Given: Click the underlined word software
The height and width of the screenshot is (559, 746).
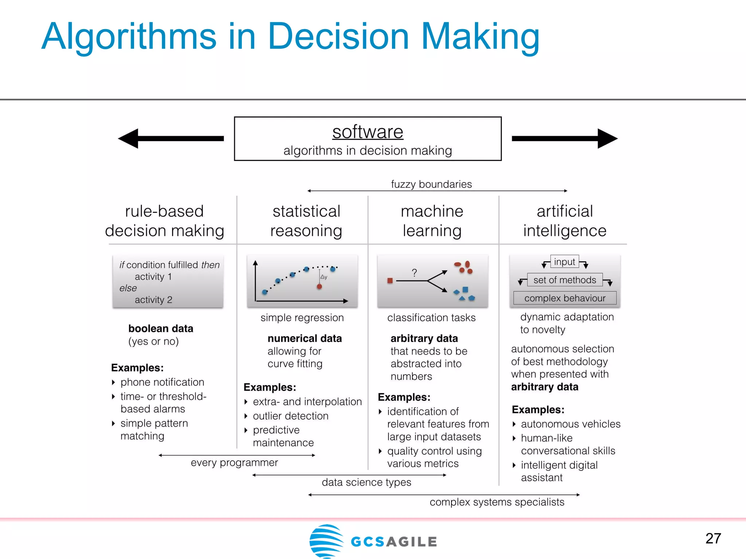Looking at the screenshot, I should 368,132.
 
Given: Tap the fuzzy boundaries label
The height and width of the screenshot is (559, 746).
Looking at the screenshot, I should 431,184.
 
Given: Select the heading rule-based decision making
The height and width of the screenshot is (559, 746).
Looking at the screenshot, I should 164,221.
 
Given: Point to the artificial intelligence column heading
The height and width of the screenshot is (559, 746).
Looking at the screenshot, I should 565,221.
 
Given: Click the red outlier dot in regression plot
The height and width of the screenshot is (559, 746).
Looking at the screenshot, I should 319,287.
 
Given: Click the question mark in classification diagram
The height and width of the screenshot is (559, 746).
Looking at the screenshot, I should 414,273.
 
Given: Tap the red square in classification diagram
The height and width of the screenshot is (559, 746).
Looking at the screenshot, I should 390,281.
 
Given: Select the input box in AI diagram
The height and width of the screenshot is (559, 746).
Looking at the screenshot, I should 564,262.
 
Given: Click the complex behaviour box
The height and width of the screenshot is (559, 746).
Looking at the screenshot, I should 565,298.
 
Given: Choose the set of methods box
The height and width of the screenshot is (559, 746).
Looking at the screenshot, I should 565,280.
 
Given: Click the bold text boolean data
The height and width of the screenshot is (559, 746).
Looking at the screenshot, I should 161,329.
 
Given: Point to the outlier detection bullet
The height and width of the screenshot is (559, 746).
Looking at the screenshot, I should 290,416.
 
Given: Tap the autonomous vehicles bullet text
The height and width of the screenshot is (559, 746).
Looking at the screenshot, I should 570,424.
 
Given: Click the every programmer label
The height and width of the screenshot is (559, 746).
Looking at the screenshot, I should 234,463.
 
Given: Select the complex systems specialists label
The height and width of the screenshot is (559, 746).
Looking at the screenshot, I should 497,502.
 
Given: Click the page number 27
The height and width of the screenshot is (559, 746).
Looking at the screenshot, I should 713,539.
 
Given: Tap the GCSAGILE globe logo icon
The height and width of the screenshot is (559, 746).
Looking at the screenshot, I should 326,541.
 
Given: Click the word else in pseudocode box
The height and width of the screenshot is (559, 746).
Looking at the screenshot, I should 128,288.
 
